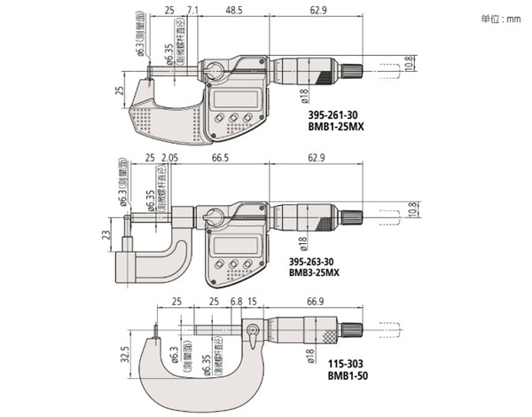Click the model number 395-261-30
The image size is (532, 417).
(x=310, y=114)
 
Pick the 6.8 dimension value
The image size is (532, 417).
(x=236, y=302)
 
